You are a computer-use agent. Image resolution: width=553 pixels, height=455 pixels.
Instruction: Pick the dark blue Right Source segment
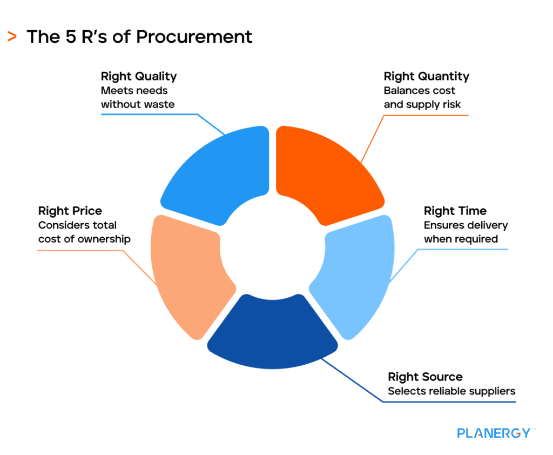[273, 332]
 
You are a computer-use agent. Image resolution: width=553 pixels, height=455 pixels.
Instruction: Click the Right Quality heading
[139, 76]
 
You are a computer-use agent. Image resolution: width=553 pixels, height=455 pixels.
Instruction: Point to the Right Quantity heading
[427, 76]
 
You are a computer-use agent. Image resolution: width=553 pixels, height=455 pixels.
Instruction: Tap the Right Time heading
[455, 211]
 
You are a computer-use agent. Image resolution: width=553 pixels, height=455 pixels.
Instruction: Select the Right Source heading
[425, 377]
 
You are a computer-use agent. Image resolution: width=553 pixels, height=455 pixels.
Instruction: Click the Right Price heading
[70, 211]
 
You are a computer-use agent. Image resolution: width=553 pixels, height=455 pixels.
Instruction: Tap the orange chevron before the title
[12, 36]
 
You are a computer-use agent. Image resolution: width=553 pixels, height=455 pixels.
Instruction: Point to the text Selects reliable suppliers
[451, 391]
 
